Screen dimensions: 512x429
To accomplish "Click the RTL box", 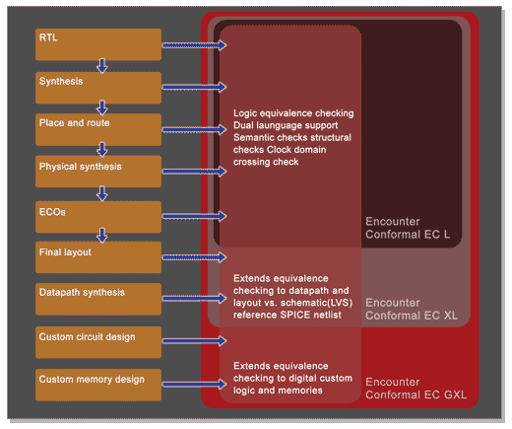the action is pyautogui.click(x=98, y=44).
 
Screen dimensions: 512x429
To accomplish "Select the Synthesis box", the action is pyautogui.click(x=98, y=88).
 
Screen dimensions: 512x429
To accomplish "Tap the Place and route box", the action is pyautogui.click(x=98, y=129).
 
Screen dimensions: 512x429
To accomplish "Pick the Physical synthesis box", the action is pyautogui.click(x=98, y=172).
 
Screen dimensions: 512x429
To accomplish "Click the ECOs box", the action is pyautogui.click(x=98, y=217).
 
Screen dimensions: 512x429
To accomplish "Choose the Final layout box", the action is pyautogui.click(x=98, y=257).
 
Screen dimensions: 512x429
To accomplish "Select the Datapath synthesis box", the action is pyautogui.click(x=98, y=299).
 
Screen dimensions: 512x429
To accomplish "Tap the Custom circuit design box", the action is pyautogui.click(x=98, y=342).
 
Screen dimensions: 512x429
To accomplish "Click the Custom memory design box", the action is pyautogui.click(x=98, y=385).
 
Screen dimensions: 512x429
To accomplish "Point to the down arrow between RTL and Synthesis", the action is pyautogui.click(x=102, y=66).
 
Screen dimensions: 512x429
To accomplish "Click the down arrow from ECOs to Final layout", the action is pyautogui.click(x=102, y=235).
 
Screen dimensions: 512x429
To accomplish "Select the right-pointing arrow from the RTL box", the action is pyautogui.click(x=194, y=45).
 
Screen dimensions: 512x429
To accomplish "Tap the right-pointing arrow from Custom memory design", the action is pyautogui.click(x=194, y=384).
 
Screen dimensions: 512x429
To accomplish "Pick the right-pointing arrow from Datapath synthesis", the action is pyautogui.click(x=194, y=299).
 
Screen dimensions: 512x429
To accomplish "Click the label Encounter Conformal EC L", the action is pyautogui.click(x=408, y=228).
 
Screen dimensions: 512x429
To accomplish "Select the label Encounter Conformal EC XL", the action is pyautogui.click(x=412, y=309).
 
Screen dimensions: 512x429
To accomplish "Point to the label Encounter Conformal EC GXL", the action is pyautogui.click(x=416, y=389).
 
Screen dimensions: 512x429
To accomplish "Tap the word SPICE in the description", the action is pyautogui.click(x=295, y=315).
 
